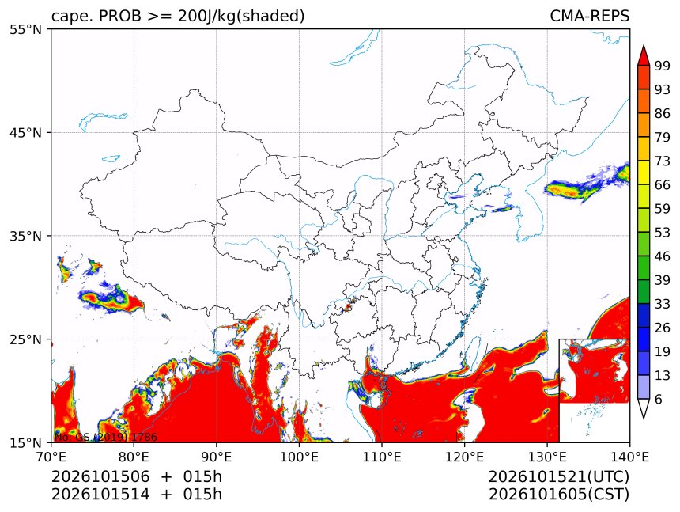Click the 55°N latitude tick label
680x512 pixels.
[25, 29]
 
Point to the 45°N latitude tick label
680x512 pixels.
[25, 132]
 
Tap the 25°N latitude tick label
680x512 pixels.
[25, 339]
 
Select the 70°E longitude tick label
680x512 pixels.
[51, 457]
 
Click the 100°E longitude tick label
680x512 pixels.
[299, 457]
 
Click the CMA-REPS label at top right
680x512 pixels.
[589, 16]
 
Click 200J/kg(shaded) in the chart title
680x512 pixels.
[241, 17]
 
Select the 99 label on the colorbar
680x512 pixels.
[663, 66]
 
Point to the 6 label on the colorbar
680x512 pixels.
[659, 399]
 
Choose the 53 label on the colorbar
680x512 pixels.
[663, 233]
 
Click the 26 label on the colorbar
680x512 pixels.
[663, 328]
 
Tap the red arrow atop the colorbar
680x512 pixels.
[644, 55]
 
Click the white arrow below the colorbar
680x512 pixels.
[644, 408]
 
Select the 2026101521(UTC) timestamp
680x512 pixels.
[558, 476]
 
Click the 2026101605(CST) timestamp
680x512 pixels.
[558, 495]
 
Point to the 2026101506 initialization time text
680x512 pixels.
[100, 476]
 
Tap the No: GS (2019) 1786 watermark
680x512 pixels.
[106, 437]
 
